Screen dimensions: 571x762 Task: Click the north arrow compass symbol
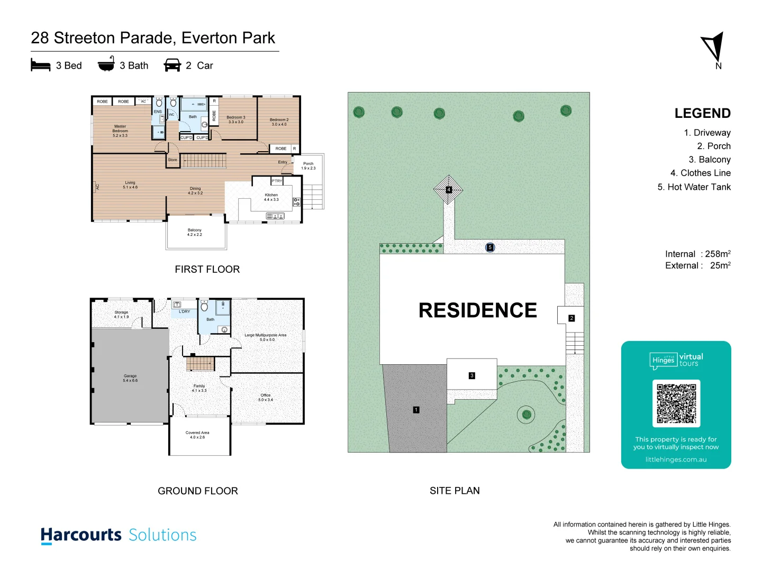(714, 48)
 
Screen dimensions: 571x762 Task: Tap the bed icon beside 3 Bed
(41, 65)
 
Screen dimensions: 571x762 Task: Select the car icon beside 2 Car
(173, 66)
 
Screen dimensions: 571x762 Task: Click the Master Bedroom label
(120, 131)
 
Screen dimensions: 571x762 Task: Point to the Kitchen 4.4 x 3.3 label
(271, 197)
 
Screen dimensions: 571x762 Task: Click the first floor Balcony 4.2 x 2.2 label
(194, 232)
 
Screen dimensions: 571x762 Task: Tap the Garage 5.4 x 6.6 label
(130, 378)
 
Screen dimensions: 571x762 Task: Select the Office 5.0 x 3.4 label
(266, 397)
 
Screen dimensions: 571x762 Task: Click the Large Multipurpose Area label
(266, 337)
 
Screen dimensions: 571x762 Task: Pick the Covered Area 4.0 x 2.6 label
(197, 435)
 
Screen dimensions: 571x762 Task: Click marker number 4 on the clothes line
(449, 189)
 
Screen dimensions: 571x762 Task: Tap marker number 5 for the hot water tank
(490, 247)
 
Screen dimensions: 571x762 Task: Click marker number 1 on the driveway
(416, 410)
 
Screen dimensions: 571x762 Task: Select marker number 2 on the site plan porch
(571, 318)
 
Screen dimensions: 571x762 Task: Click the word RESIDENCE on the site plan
(477, 310)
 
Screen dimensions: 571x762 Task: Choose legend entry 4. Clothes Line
(700, 173)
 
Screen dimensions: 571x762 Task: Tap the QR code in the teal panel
(676, 403)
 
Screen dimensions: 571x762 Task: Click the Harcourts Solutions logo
(119, 535)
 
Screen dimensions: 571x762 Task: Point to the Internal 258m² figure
(697, 254)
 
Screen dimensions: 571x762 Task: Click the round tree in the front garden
(526, 414)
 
